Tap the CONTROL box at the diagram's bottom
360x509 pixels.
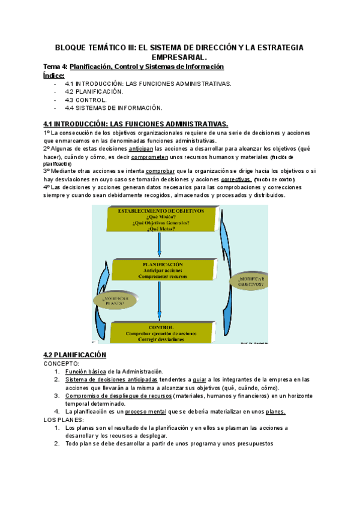pyautogui.click(x=159, y=331)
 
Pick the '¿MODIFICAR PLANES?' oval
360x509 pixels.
pyautogui.click(x=110, y=300)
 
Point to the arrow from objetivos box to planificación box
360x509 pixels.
pyautogui.click(x=160, y=245)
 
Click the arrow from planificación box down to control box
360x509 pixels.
pyautogui.click(x=160, y=303)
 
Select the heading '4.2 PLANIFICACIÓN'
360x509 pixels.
pyautogui.click(x=75, y=355)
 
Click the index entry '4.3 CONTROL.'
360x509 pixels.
pyautogui.click(x=86, y=100)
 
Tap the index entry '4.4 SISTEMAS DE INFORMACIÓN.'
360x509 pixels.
pyautogui.click(x=113, y=108)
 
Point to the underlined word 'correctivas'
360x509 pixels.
pyautogui.click(x=236, y=179)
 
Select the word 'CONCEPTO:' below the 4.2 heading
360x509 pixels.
pyautogui.click(x=61, y=364)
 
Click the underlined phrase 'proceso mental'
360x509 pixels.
pyautogui.click(x=151, y=412)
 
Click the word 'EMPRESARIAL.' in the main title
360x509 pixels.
pyautogui.click(x=179, y=57)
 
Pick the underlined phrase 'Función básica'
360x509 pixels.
pyautogui.click(x=85, y=372)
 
